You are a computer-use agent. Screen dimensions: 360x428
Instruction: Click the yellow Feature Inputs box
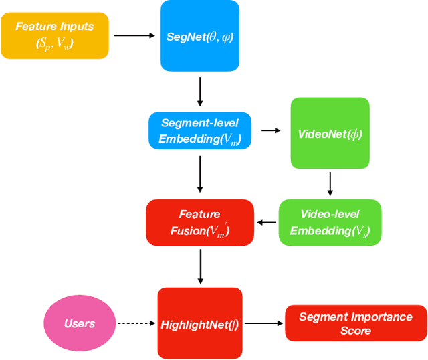coord(55,35)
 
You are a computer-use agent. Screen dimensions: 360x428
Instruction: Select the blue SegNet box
coord(199,35)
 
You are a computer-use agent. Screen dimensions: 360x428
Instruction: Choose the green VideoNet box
coord(330,133)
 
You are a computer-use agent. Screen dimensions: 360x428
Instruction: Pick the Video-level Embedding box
coord(330,222)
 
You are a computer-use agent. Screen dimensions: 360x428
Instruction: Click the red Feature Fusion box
coord(200,222)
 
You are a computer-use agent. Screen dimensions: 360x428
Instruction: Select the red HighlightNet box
coord(199,323)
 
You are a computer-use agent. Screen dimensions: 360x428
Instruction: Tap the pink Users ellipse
coord(80,323)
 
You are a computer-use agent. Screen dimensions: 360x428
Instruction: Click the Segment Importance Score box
coord(356,323)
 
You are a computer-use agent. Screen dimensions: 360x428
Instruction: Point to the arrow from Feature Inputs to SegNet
coord(134,35)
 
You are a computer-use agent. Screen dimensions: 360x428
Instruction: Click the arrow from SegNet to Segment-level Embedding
coord(200,91)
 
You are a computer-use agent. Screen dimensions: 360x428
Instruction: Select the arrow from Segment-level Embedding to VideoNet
coord(270,131)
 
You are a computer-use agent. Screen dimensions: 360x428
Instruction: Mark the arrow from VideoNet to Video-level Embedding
coord(330,183)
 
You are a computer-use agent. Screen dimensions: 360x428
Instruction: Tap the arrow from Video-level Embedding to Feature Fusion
coord(267,222)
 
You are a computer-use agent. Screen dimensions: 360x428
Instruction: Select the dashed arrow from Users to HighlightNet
coord(136,323)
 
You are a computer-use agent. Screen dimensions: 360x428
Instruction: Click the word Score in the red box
coord(356,331)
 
